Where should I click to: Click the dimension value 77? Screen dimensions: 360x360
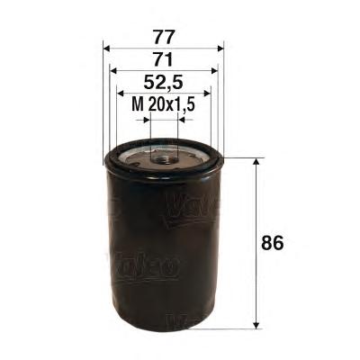pyautogui.click(x=164, y=38)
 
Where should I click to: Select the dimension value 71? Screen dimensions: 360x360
pyautogui.click(x=164, y=60)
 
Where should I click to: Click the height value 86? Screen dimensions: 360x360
pyautogui.click(x=283, y=244)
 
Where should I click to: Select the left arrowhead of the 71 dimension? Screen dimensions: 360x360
pyautogui.click(x=112, y=71)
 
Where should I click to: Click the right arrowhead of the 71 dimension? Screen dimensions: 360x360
pyautogui.click(x=214, y=71)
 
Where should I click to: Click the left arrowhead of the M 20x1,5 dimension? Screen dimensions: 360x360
pyautogui.click(x=147, y=118)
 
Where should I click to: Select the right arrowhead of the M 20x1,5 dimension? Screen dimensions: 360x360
pyautogui.click(x=181, y=118)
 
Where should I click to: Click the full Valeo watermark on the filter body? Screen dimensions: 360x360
pyautogui.click(x=144, y=265)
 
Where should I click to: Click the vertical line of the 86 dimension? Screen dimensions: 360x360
pyautogui.click(x=258, y=243)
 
